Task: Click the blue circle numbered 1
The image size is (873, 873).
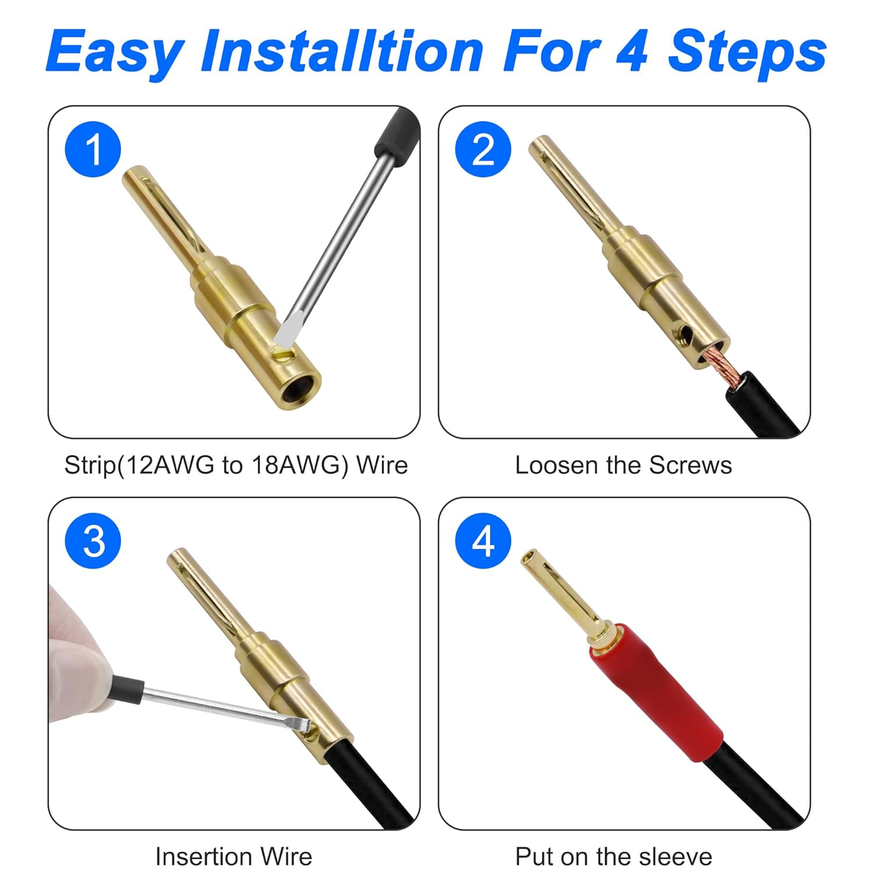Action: pyautogui.click(x=93, y=149)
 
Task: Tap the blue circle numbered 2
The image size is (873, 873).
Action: pyautogui.click(x=483, y=149)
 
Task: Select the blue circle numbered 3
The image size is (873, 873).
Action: pyautogui.click(x=93, y=541)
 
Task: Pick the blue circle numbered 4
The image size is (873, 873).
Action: pyautogui.click(x=483, y=541)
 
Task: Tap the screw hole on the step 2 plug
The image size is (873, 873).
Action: pyautogui.click(x=686, y=335)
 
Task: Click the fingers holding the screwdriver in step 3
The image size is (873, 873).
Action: pyautogui.click(x=76, y=663)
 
